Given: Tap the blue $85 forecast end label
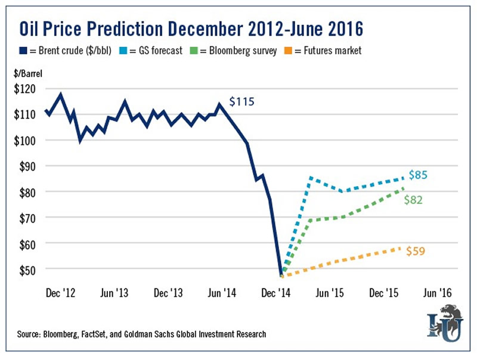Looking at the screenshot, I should (x=419, y=175).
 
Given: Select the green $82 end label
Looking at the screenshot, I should (x=413, y=200).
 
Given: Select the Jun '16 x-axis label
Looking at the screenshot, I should (x=437, y=293).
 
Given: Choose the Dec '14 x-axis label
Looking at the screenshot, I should (x=277, y=293).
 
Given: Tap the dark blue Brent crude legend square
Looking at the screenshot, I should (x=24, y=51).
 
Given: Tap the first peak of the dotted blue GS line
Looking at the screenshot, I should (x=311, y=177).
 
